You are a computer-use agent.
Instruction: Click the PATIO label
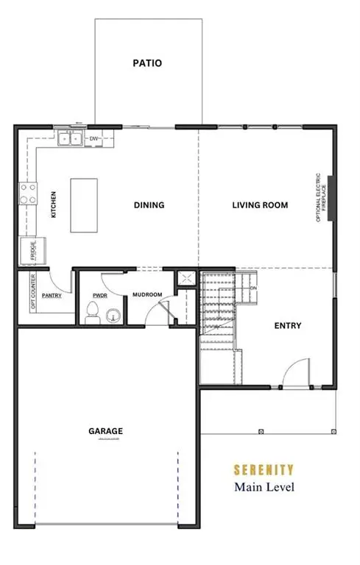(147, 63)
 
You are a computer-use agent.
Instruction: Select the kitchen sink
(71, 138)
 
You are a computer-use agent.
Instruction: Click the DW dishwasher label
(93, 138)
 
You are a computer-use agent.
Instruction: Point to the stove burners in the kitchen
(28, 194)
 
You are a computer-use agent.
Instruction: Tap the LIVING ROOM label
(259, 205)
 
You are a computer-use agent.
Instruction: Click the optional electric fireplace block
(331, 197)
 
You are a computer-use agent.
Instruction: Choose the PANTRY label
(52, 295)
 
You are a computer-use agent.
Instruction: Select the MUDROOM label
(147, 295)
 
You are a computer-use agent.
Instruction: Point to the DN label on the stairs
(253, 288)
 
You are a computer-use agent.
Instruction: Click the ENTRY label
(287, 326)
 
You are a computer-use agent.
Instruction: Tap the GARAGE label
(106, 431)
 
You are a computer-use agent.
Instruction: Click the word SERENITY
(264, 469)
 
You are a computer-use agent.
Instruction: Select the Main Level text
(264, 486)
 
